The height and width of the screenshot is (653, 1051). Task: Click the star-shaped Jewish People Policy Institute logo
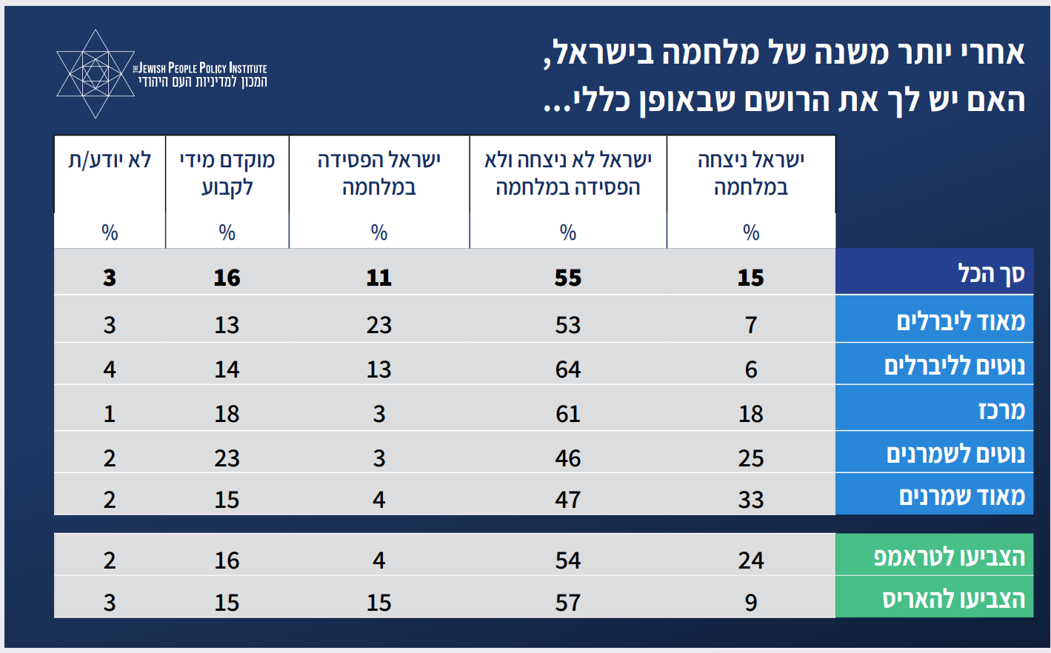95,74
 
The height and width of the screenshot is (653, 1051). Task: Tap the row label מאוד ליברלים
961,321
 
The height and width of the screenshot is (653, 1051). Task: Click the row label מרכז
1001,410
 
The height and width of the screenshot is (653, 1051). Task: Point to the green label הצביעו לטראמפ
950,557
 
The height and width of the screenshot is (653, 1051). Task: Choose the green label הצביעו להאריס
953,599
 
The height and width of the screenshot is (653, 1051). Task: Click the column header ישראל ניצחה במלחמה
751,173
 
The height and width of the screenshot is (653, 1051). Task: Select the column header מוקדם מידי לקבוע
227,173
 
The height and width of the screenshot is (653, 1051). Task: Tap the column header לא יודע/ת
110,160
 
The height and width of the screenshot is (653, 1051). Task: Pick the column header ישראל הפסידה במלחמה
378,173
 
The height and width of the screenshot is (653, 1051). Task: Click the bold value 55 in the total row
568,278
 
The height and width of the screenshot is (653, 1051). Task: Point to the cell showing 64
568,369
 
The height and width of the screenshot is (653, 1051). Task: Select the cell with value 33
751,500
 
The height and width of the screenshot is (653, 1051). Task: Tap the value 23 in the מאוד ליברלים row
378,324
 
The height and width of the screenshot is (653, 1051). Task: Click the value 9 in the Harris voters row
751,603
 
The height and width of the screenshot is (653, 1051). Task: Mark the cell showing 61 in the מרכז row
568,413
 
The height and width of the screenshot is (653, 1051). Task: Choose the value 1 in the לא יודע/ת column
110,413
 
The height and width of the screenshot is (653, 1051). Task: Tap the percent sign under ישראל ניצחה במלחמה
751,232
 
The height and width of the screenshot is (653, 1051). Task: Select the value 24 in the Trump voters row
751,560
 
